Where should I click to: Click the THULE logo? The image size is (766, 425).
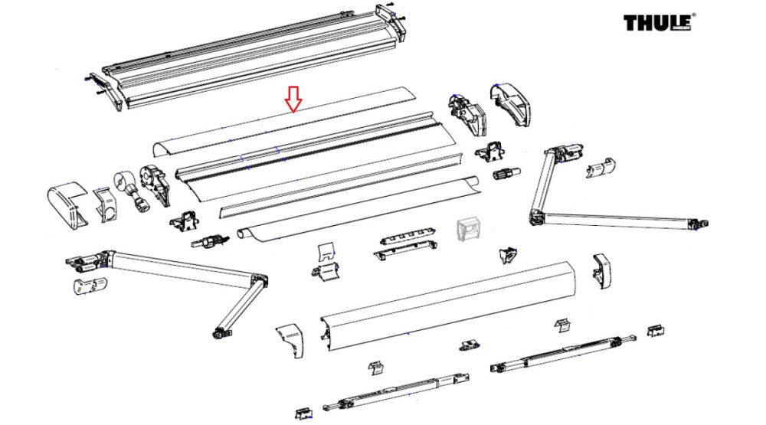pos(658,23)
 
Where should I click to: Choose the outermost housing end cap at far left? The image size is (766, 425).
pos(67,204)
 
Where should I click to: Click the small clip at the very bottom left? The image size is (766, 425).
pos(304,414)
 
